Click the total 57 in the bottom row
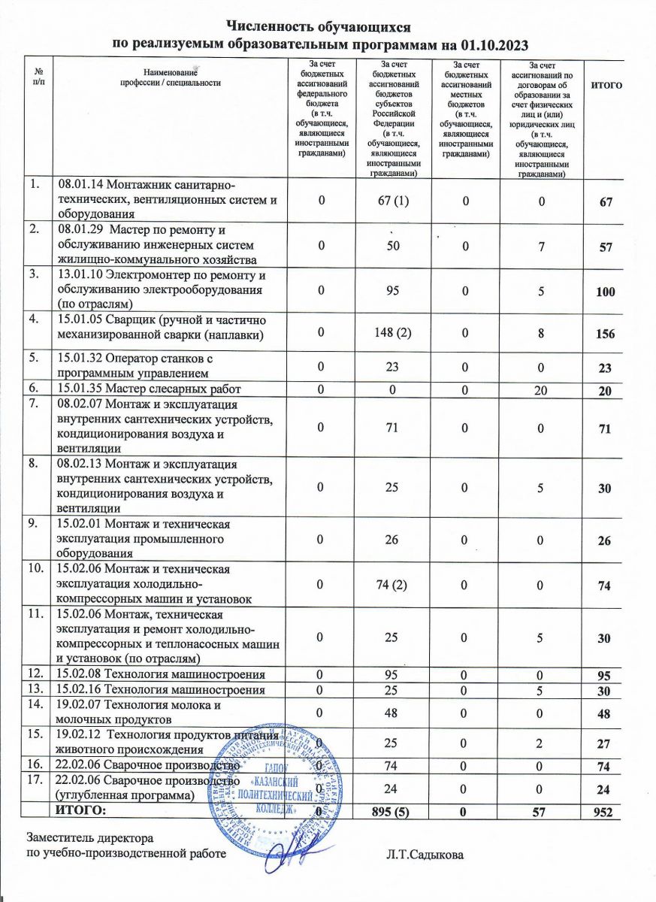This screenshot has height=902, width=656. pyautogui.click(x=537, y=812)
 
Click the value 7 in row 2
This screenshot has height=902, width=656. pyautogui.click(x=537, y=246)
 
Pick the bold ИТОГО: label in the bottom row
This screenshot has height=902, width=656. pyautogui.click(x=85, y=810)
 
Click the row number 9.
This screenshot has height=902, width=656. pyautogui.click(x=32, y=523)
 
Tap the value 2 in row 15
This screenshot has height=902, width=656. pyautogui.click(x=537, y=742)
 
